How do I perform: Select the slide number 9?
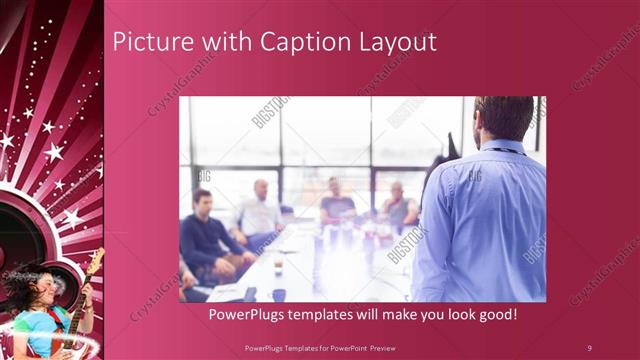click(589, 347)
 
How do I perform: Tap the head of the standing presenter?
click(503, 118)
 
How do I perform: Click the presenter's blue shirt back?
click(485, 220)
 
